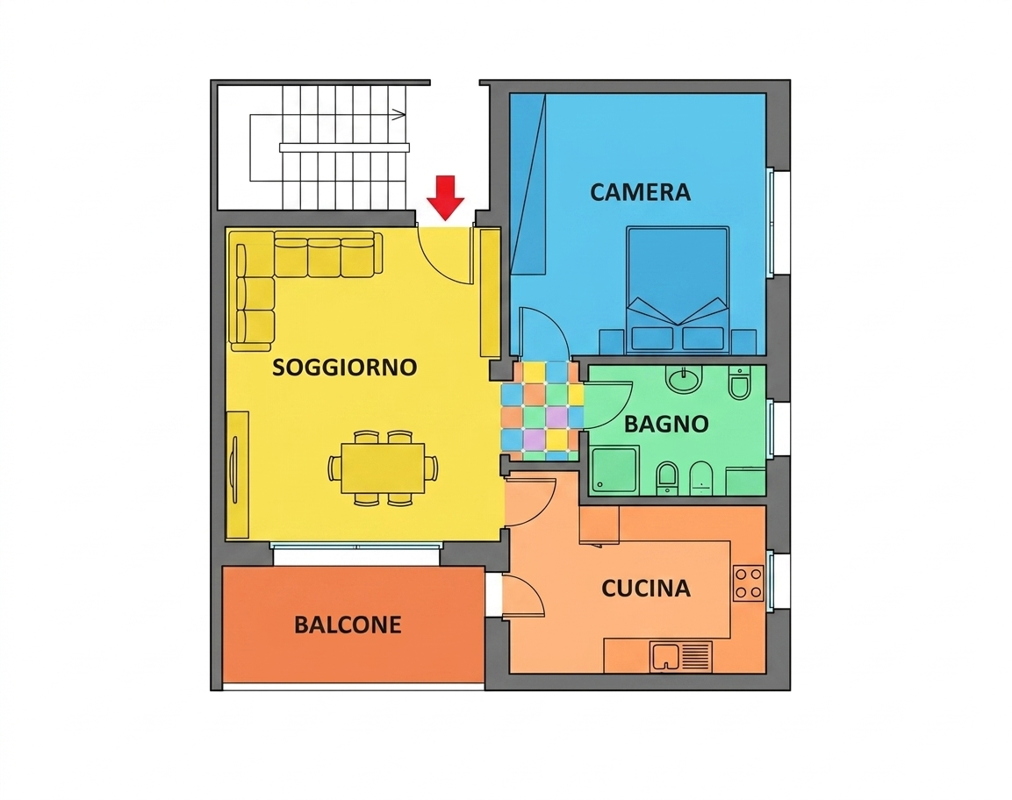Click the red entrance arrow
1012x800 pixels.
445,197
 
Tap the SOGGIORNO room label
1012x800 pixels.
345,367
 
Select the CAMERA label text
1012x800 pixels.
640,192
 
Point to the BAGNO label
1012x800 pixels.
666,424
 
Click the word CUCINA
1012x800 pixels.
646,589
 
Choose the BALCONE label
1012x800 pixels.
348,625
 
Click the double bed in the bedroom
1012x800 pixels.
678,289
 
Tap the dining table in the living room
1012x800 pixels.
382,468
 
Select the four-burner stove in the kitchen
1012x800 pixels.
749,583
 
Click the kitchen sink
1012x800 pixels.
682,657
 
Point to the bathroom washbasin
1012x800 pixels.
684,380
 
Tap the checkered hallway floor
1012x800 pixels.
542,411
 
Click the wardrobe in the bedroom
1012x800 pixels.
528,184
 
